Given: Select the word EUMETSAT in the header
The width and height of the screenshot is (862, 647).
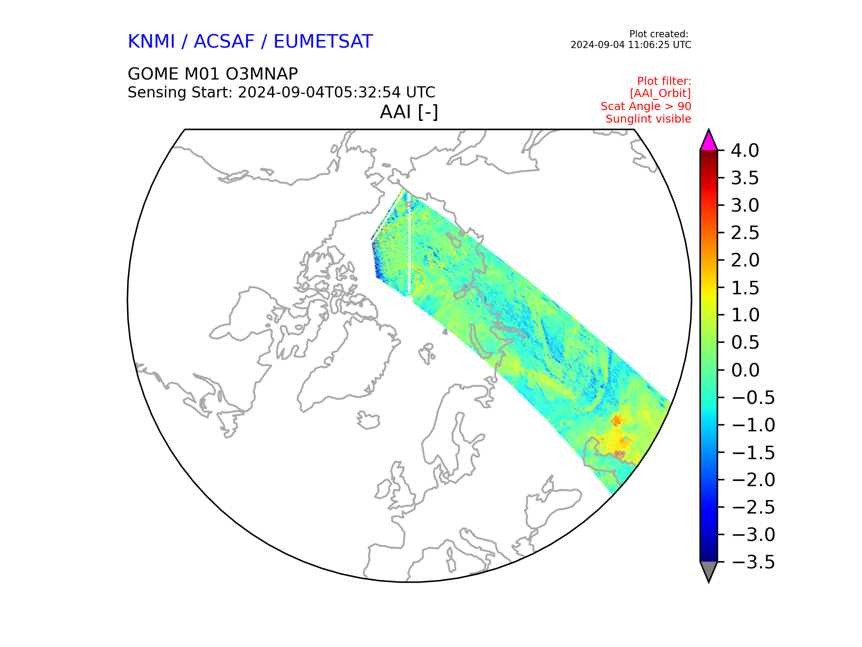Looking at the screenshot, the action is coord(323,42).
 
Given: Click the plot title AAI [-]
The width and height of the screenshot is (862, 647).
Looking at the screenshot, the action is coord(409,112).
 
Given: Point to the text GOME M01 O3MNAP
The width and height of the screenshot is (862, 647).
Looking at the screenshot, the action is coord(213,74).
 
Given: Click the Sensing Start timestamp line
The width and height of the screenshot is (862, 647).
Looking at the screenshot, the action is coord(281,93).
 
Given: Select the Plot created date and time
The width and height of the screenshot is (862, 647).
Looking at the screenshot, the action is coord(631,45).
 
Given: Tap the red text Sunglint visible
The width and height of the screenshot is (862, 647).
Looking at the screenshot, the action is coord(648,119).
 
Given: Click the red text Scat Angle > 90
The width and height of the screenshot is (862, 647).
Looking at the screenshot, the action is coord(646,106).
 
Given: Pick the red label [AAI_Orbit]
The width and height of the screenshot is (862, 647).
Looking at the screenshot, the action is coord(660,93).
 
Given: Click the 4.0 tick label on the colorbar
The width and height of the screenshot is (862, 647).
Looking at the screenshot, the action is coord(745,151).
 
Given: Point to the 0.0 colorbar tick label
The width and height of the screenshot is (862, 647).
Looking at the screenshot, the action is coord(745,370).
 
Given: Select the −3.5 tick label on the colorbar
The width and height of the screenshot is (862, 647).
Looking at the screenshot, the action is coord(753,562).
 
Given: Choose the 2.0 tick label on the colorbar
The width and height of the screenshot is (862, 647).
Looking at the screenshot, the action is coord(745,260).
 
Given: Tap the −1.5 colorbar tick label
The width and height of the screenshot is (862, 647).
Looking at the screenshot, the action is coord(753,452).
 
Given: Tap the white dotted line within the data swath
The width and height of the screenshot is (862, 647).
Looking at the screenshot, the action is coord(409,252).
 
